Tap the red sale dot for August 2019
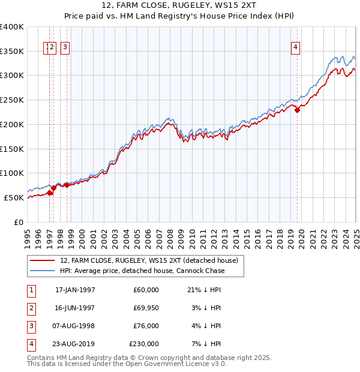[x=297, y=110]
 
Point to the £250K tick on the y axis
[x=12, y=100]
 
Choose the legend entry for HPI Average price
[x=142, y=271]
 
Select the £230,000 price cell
[x=144, y=344]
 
